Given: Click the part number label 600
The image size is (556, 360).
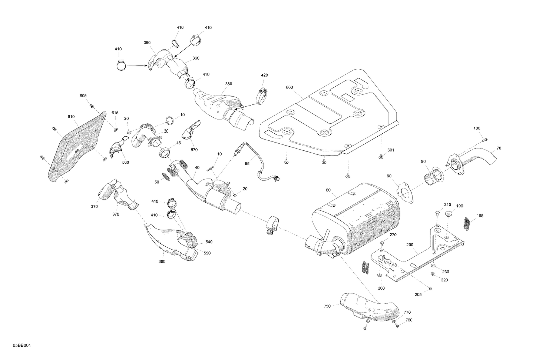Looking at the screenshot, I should click(x=289, y=87).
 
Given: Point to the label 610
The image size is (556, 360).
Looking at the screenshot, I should click(x=71, y=117).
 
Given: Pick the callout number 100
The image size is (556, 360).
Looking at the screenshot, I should click(x=477, y=128).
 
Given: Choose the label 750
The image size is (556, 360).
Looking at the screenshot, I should click(x=327, y=306).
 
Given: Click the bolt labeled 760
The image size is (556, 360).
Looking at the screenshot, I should click(x=396, y=326).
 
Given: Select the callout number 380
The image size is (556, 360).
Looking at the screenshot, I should click(x=229, y=84).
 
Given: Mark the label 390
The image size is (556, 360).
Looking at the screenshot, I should click(x=162, y=261).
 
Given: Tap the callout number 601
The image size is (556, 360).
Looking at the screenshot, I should click(x=391, y=150).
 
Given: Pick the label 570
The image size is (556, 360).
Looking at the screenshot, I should click(x=194, y=150).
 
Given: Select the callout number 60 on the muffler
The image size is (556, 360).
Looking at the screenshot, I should click(x=328, y=190).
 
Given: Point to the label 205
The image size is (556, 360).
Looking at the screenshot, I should click(x=418, y=295).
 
